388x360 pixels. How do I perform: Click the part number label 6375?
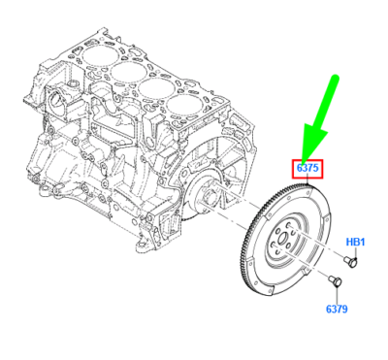pos(307,169)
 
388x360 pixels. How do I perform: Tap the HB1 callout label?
pos(356,241)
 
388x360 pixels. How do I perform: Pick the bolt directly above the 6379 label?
pos(336,281)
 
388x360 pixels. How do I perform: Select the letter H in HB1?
pos(349,241)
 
